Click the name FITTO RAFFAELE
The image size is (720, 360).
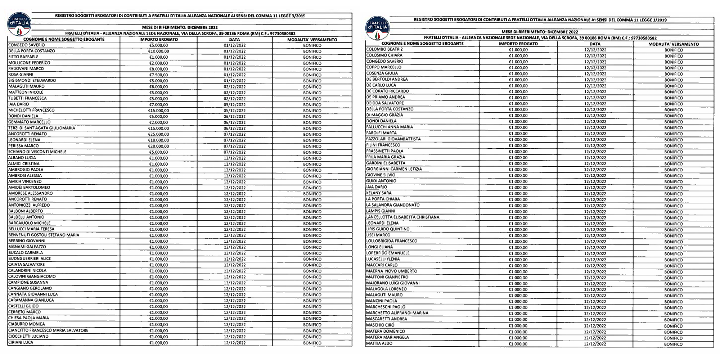pyautogui.click(x=23, y=57)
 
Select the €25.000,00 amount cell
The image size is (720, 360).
pyautogui.click(x=158, y=134)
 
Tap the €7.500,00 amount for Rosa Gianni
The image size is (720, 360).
pyautogui.click(x=158, y=75)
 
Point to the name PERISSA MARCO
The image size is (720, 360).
pyautogui.click(x=23, y=146)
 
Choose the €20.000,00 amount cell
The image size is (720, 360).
pyautogui.click(x=158, y=146)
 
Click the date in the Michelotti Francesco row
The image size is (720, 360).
pyautogui.click(x=235, y=111)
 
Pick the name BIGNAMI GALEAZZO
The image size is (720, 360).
pyautogui.click(x=27, y=247)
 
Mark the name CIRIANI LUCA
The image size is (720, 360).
pyautogui.click(x=21, y=342)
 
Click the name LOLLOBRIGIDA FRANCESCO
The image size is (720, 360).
pyautogui.click(x=392, y=241)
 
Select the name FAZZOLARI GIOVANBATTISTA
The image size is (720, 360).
pyautogui.click(x=393, y=139)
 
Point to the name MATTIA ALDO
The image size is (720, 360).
pyautogui.click(x=379, y=343)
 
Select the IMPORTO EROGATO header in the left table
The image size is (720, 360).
pyautogui.click(x=158, y=40)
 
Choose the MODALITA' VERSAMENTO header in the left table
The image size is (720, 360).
pyautogui.click(x=312, y=40)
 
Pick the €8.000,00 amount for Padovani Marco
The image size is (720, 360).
pyautogui.click(x=158, y=69)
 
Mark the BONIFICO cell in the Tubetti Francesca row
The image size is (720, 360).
pyautogui.click(x=312, y=99)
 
